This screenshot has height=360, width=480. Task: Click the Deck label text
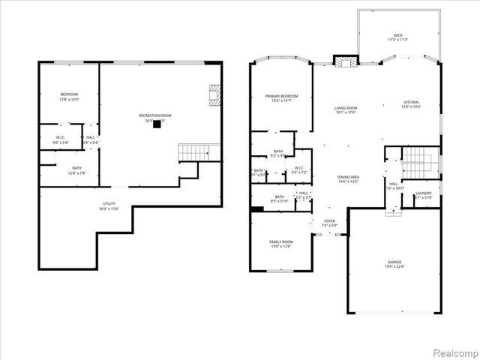(x=397, y=35)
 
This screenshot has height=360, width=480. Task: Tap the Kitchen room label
(x=410, y=102)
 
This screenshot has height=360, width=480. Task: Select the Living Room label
(x=346, y=109)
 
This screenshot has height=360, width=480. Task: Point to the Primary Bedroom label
(x=281, y=96)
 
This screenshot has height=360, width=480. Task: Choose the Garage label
(x=394, y=262)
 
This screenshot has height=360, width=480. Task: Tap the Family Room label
(x=281, y=241)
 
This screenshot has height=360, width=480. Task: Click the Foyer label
(x=329, y=221)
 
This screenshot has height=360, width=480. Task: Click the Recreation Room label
(x=155, y=115)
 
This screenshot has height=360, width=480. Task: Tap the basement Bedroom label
(x=69, y=94)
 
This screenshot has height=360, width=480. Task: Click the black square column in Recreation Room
(x=157, y=126)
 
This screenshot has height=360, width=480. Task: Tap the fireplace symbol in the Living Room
(x=345, y=62)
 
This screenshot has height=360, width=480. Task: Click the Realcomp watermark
(x=457, y=352)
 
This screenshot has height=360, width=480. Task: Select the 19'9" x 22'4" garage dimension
(x=394, y=266)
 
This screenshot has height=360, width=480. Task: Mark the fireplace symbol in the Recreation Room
(x=214, y=95)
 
